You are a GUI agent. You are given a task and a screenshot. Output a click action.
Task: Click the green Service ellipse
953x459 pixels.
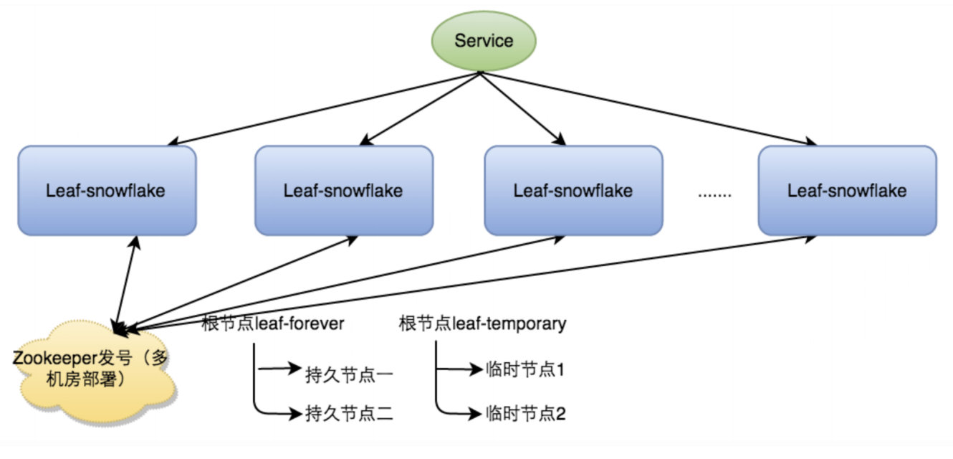coord(484,39)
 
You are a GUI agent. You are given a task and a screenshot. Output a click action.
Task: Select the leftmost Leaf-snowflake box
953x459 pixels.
coord(107,190)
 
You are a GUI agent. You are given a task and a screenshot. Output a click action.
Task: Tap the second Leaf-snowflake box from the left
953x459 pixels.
coord(344,190)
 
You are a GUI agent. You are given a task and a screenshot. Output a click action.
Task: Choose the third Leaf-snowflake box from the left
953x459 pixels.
coord(573,190)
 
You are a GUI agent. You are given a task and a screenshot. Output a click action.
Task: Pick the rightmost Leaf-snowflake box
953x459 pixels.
coord(847,190)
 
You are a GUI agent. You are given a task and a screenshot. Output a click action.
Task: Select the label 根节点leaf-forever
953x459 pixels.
coord(273,323)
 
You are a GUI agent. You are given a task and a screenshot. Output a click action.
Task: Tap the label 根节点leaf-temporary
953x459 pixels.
coord(482,323)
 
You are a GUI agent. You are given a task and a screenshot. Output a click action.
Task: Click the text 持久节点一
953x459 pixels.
coord(350,373)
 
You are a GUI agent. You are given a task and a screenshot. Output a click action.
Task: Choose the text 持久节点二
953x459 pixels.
coord(350,414)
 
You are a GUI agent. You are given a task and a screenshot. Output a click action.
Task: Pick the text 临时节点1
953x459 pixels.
coord(525,371)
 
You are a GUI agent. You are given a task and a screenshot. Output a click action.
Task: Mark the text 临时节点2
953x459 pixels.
coord(525,414)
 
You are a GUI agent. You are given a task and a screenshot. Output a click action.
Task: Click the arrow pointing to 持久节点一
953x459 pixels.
coord(279,370)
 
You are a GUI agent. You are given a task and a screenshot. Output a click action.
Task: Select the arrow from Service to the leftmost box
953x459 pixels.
coord(322,108)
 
